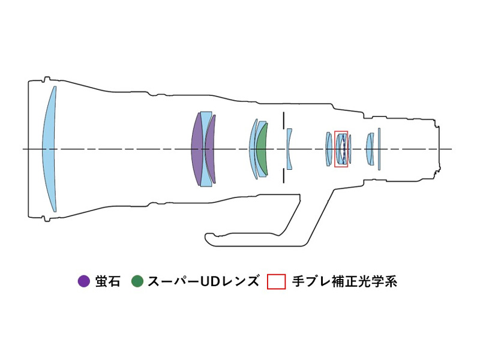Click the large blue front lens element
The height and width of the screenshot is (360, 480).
[x=49, y=149]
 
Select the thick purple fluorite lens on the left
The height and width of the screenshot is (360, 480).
[x=197, y=149]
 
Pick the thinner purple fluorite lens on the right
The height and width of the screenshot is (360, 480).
[x=211, y=149]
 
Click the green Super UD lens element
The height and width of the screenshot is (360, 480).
[x=262, y=149]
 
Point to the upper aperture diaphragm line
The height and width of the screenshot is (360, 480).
[x=284, y=120]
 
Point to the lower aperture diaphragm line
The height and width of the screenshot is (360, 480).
[x=284, y=176]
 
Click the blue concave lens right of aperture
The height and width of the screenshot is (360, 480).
[x=289, y=149]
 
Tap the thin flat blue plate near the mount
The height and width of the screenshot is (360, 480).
[x=379, y=149]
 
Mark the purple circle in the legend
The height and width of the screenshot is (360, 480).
[x=84, y=281]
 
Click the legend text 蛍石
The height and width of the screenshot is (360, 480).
[x=107, y=281]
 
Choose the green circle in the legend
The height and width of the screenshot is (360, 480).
[x=137, y=281]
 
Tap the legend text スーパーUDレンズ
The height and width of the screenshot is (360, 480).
[x=203, y=281]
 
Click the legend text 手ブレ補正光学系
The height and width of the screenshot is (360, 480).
[x=344, y=281]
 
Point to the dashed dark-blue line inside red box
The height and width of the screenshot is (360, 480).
[x=344, y=149]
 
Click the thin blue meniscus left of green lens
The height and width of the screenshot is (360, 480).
[x=253, y=149]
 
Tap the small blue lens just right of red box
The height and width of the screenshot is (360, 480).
[x=350, y=149]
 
